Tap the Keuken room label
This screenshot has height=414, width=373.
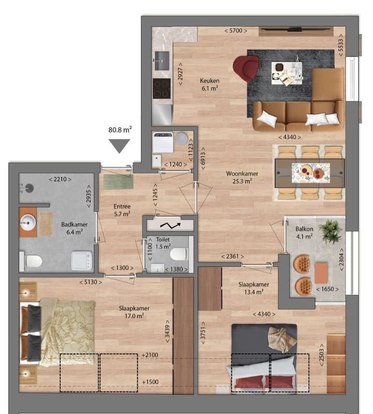pyautogui.click(x=210, y=81)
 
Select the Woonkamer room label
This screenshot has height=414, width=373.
pyautogui.click(x=242, y=174)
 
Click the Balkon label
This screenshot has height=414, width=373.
pyautogui.click(x=304, y=229)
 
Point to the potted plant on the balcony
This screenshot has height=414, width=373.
pyautogui.click(x=330, y=231)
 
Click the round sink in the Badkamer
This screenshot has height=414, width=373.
pyautogui.click(x=27, y=223)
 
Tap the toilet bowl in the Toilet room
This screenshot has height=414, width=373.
pyautogui.click(x=179, y=254)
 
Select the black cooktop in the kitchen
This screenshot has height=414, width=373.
pyautogui.click(x=162, y=89)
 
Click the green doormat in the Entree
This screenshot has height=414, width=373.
pyautogui.click(x=118, y=182)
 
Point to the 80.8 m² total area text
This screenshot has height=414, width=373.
pyautogui.click(x=120, y=130)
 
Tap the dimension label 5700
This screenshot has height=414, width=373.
pyautogui.click(x=236, y=31)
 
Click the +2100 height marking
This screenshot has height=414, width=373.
pyautogui.click(x=150, y=355)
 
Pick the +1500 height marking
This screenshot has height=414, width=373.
pyautogui.click(x=150, y=382)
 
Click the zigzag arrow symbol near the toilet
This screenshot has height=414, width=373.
pyautogui.click(x=170, y=226)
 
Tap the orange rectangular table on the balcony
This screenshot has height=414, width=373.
pyautogui.click(x=321, y=273)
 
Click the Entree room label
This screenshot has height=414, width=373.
pyautogui.click(x=122, y=206)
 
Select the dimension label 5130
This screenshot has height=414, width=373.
pyautogui.click(x=91, y=282)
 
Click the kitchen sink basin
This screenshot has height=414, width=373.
pyautogui.click(x=162, y=61)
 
